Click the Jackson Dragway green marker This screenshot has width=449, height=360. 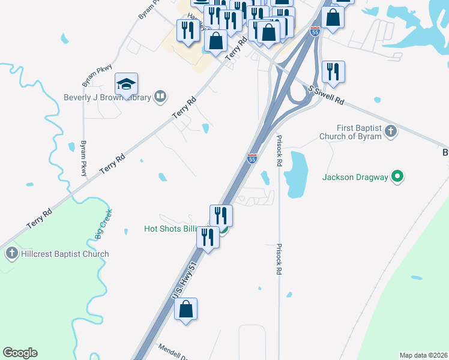397,176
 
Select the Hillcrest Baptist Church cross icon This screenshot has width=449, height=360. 11,254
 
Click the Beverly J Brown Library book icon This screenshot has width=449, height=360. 160,97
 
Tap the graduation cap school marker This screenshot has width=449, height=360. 127,85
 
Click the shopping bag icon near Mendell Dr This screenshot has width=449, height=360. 186,310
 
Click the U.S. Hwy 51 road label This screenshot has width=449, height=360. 184,281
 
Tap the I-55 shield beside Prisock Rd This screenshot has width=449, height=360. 252,158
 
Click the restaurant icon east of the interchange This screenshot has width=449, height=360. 333,71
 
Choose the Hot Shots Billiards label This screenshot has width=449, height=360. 174,229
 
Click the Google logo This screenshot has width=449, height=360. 20,353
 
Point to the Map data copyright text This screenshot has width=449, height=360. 423,355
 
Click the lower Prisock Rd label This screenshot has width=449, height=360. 279,258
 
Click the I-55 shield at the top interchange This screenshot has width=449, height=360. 315,31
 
